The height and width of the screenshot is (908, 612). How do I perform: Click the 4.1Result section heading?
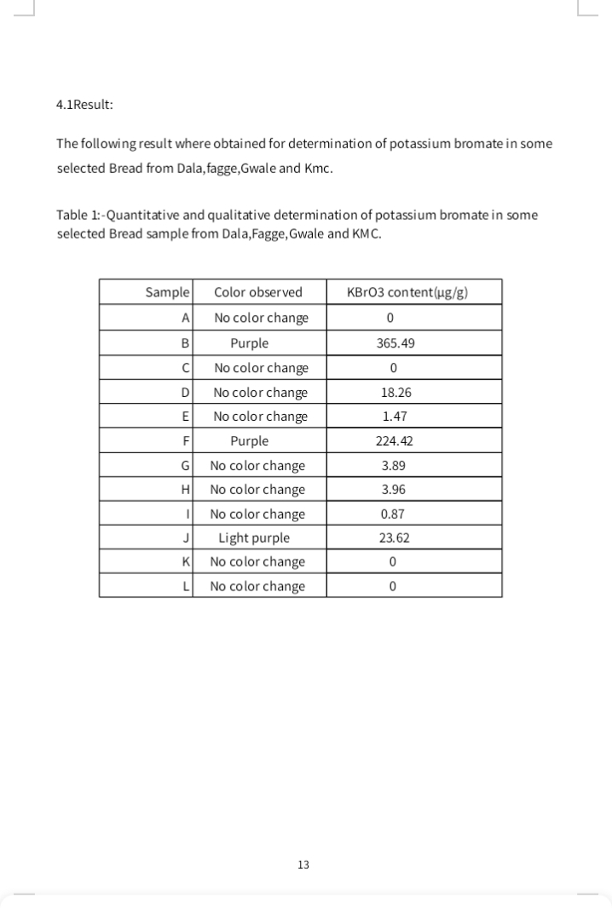point(84,105)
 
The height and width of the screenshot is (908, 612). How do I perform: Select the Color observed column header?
point(257,292)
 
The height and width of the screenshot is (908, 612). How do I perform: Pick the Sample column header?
point(167,292)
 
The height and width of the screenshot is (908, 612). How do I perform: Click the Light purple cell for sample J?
point(254,538)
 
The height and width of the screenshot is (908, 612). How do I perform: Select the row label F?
point(184,441)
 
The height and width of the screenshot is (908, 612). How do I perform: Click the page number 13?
point(303,865)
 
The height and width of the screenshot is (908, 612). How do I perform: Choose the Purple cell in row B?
point(249,343)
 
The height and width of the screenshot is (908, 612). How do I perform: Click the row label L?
point(185,587)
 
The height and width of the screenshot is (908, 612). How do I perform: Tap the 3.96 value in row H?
point(393,490)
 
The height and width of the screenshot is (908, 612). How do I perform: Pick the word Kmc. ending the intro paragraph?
point(315,168)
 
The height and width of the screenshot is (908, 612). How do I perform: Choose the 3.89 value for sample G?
point(393,466)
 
